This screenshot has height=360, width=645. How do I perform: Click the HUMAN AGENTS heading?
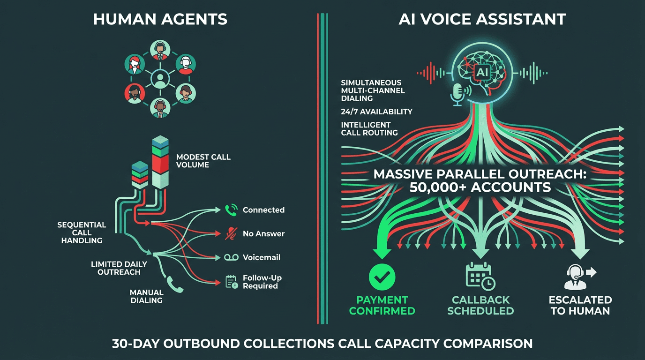(160, 19)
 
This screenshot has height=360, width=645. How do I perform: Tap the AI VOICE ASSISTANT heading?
(482, 19)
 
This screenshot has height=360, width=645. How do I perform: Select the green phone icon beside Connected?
(231, 210)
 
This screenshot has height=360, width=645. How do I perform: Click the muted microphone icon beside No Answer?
(231, 233)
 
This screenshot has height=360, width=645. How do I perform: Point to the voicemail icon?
(231, 257)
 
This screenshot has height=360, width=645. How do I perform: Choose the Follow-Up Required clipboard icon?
(231, 281)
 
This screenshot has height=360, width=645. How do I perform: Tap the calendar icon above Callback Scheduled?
(480, 276)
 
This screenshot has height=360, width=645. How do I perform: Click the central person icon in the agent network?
(160, 78)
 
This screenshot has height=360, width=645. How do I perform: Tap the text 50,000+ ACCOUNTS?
(480, 187)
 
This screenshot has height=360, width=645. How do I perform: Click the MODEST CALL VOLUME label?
(203, 161)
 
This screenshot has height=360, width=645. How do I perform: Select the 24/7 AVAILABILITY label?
(376, 112)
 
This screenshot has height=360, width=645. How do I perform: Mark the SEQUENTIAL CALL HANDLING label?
(82, 232)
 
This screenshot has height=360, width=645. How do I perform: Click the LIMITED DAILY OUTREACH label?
(119, 268)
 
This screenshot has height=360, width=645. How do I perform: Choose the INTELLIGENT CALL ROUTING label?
(369, 129)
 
